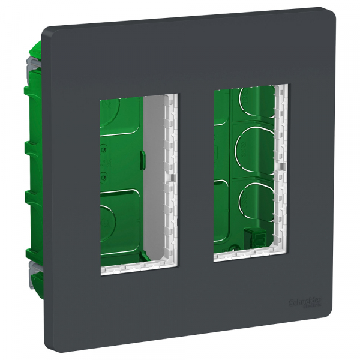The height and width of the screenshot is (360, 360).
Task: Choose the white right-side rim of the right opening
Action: (283, 168)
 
